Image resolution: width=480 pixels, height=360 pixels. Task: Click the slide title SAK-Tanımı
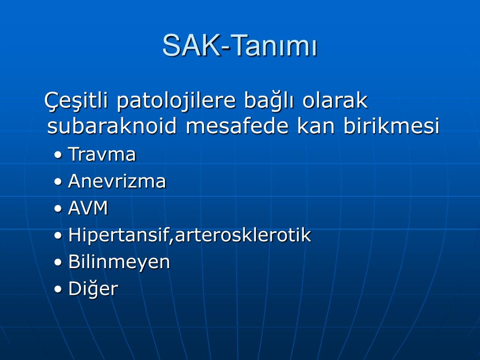pos(240,45)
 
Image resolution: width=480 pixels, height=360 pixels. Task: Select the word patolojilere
pos(176,101)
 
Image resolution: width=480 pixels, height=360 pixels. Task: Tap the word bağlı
pos(269,101)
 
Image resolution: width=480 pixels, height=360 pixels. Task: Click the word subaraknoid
pos(112,125)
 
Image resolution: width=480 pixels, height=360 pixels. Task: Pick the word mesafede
pos(237,125)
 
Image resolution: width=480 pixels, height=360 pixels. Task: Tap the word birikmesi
pos(391,125)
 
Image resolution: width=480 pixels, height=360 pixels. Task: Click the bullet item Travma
pos(102,154)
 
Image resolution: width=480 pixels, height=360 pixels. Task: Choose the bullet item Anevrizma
pos(117,181)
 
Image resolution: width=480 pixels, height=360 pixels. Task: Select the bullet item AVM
pos(88,208)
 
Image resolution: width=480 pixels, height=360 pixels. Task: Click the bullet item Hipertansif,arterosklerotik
pos(189,235)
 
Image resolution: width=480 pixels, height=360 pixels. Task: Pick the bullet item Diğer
pos(93,289)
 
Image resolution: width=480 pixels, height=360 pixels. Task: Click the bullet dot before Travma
pos(58,155)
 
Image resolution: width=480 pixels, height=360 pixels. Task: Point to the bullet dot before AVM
pos(58,209)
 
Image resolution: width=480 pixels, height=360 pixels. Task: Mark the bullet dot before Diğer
pos(58,290)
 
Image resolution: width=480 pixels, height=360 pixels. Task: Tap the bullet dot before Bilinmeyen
pos(58,262)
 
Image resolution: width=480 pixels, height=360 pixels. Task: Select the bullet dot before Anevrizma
pos(58,182)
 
